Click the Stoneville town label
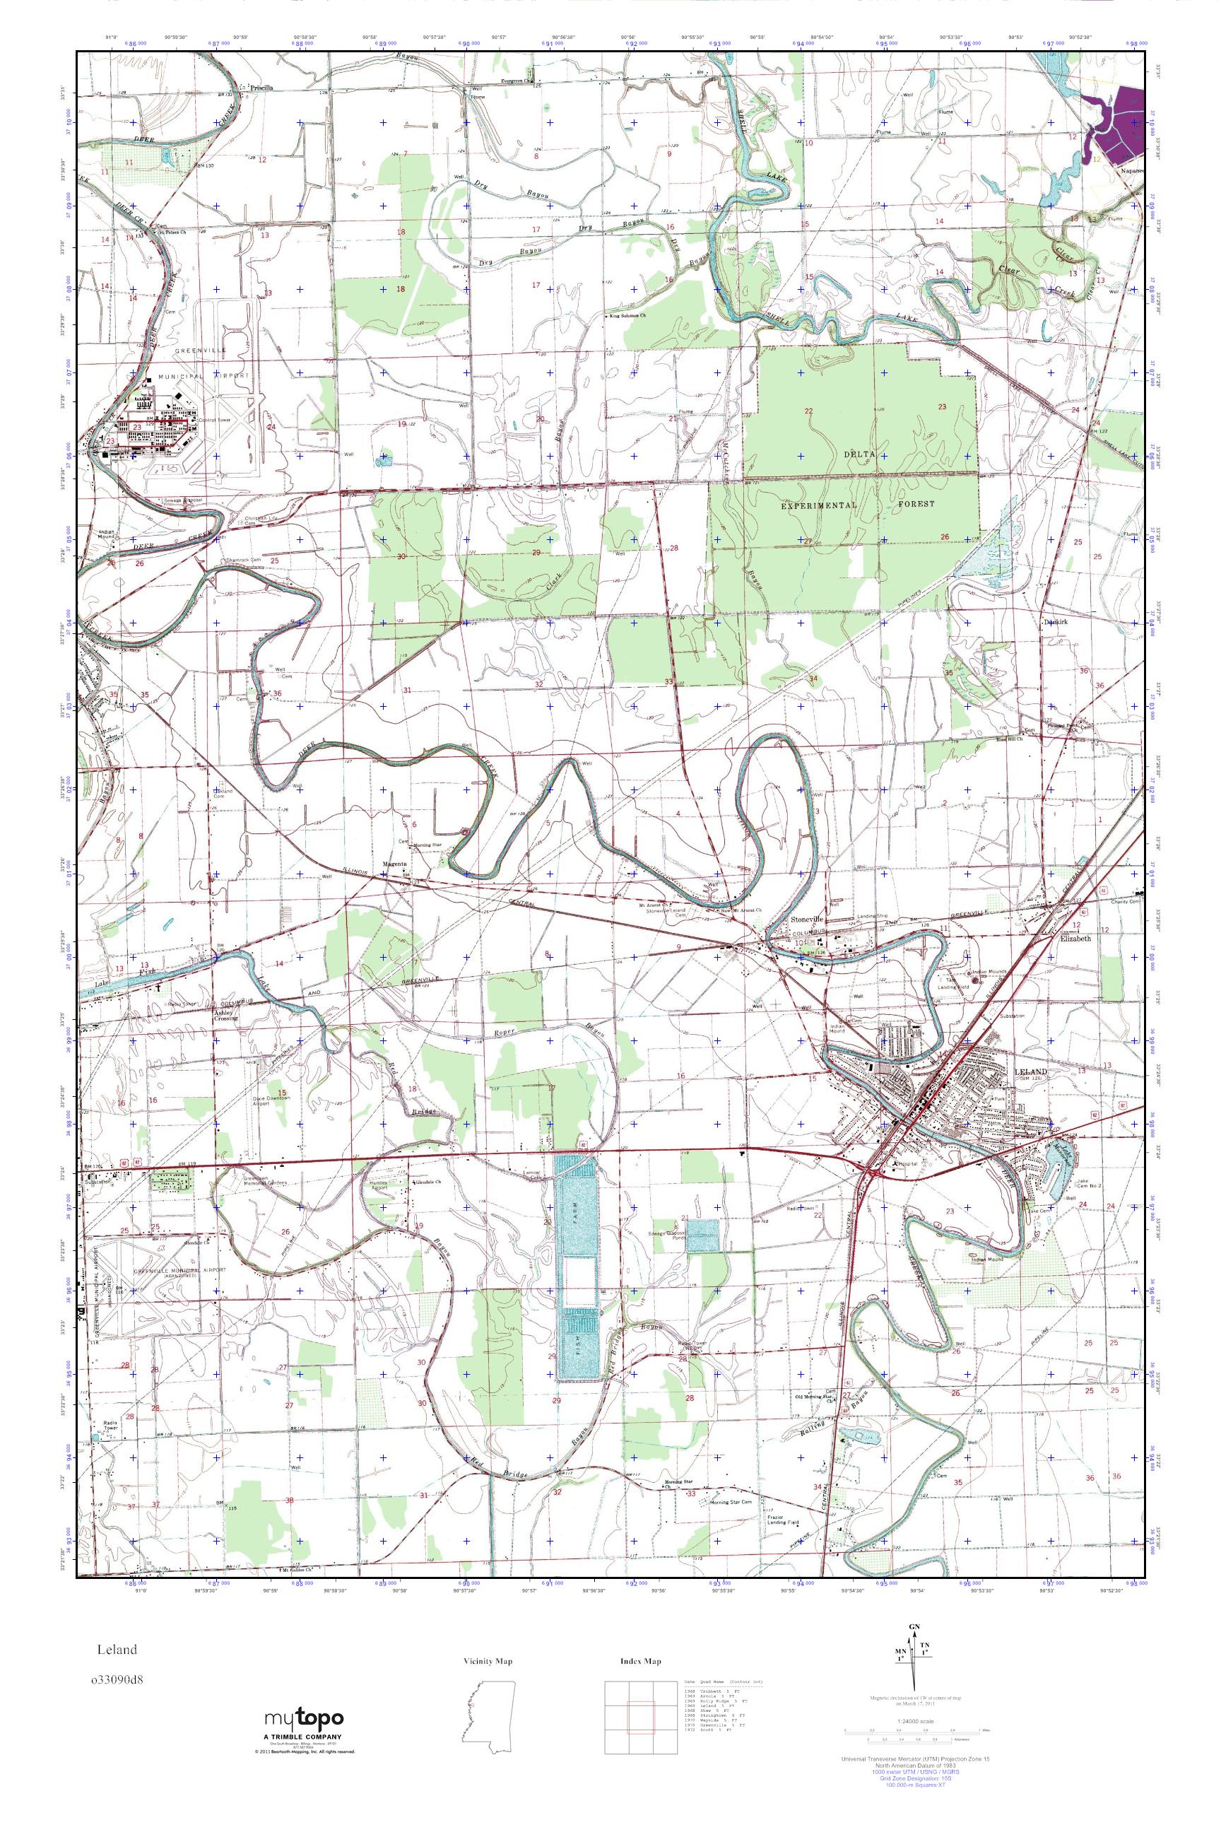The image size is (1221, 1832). (807, 919)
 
